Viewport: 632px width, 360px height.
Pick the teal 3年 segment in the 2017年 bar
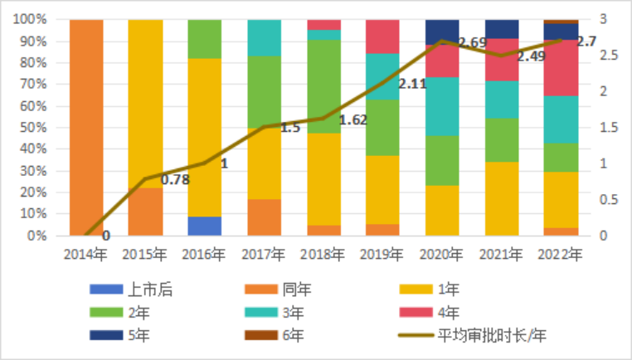[x=265, y=37]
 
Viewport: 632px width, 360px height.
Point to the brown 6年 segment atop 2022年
[x=561, y=22]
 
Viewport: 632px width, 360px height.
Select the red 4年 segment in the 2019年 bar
[x=382, y=36]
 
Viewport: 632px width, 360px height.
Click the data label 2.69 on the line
[x=473, y=42]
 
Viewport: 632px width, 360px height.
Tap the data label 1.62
[x=352, y=119]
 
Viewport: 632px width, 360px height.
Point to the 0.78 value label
[x=174, y=179]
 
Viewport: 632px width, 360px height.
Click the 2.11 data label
[x=413, y=84]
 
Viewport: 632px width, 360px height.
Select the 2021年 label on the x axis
[x=501, y=252]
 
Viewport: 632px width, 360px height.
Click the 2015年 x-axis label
[x=145, y=252]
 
